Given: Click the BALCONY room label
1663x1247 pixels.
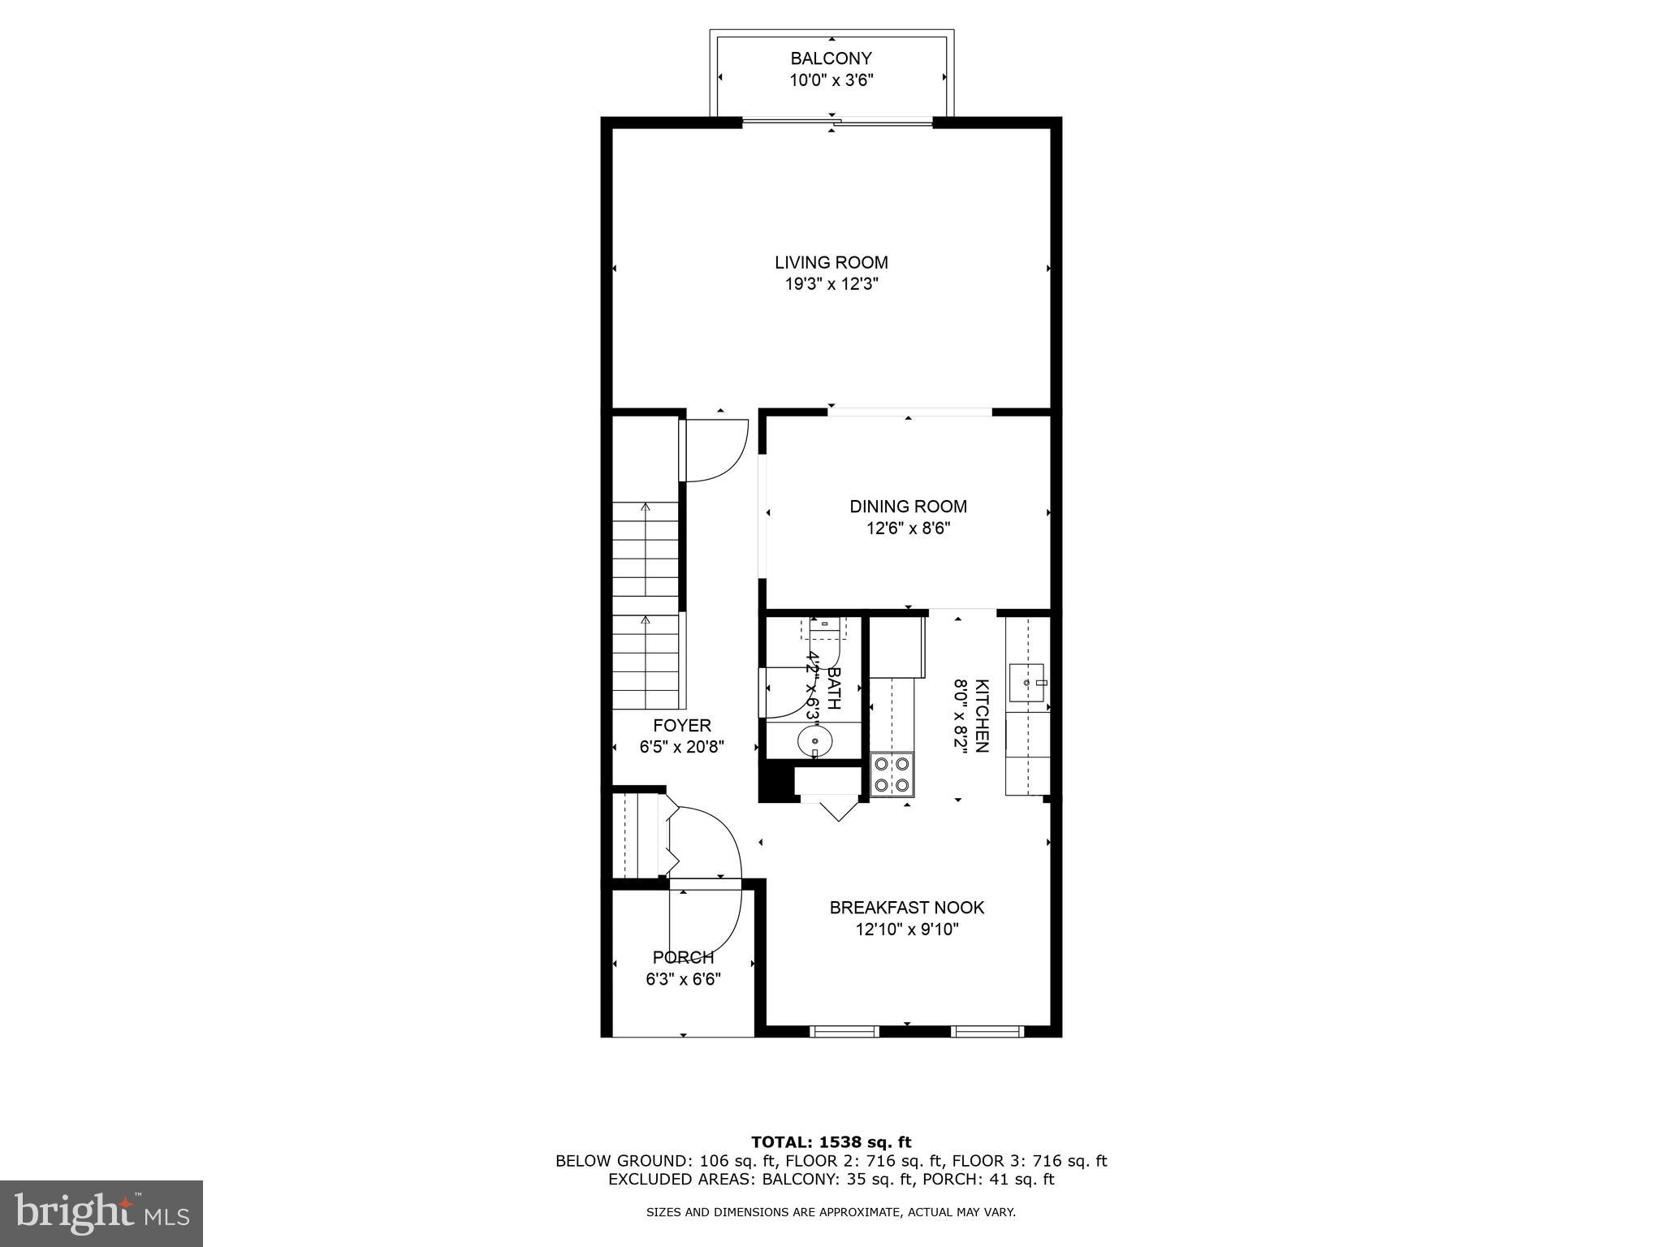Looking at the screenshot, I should tap(831, 58).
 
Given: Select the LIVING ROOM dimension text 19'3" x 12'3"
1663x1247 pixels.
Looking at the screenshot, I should tap(831, 284).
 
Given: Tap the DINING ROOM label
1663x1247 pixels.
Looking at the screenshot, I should tap(908, 507).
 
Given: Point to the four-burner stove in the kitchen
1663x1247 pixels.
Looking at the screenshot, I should tap(892, 774).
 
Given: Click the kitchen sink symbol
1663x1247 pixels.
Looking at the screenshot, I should tap(1026, 683).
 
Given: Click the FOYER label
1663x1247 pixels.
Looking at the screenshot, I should tap(681, 725).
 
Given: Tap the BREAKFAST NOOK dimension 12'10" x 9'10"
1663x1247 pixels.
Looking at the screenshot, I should tap(906, 930).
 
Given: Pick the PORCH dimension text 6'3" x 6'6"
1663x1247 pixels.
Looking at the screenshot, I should tap(683, 980).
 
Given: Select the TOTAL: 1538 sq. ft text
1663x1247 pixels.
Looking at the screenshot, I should tap(831, 1142).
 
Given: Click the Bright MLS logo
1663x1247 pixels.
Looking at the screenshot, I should tap(102, 1213).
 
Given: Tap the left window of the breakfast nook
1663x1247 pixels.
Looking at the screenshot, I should tap(844, 1031).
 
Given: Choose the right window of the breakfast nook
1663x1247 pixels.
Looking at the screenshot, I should tap(987, 1031).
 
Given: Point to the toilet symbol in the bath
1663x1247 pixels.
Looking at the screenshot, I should tap(824, 628).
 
